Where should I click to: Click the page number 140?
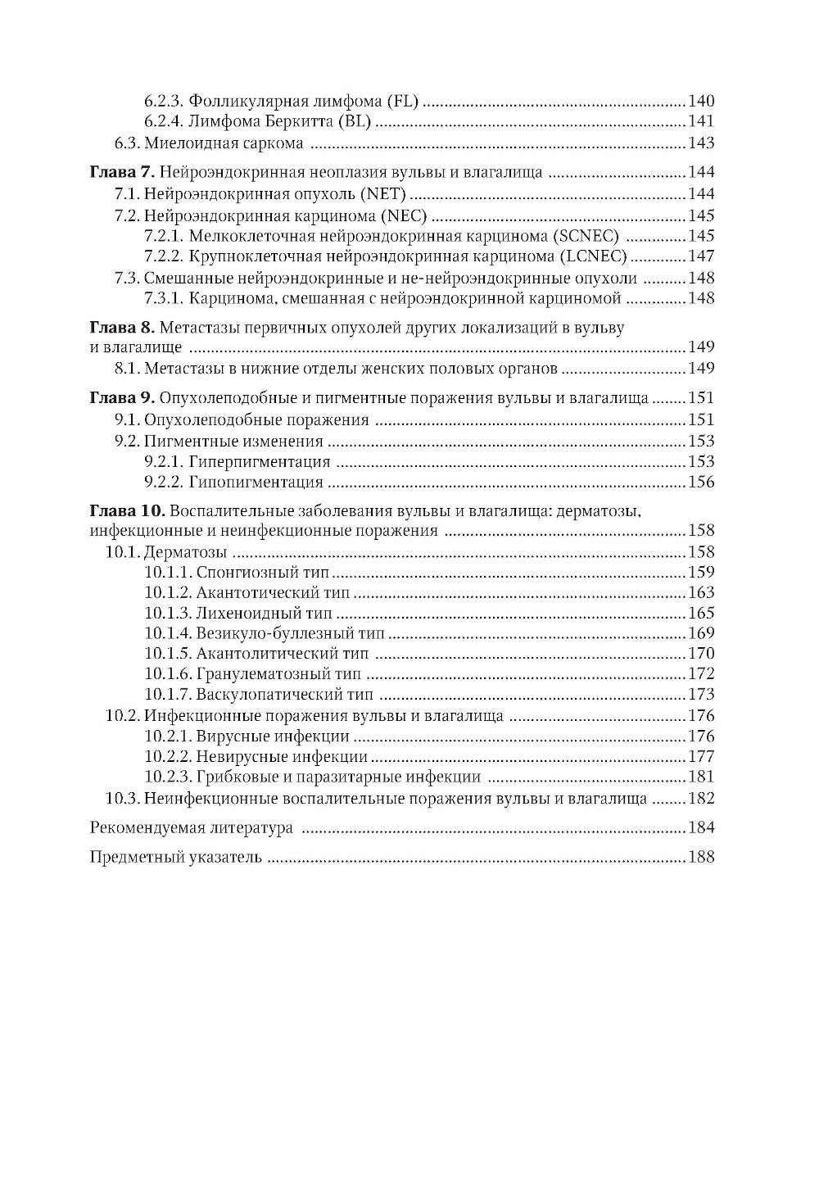[701, 102]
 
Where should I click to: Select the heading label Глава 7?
[120, 173]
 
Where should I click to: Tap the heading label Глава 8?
[120, 328]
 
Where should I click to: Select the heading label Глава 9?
[120, 399]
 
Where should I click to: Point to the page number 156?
[701, 483]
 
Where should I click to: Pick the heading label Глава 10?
[124, 511]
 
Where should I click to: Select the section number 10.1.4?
[168, 633]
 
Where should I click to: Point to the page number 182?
[701, 799]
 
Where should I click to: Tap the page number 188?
[701, 858]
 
